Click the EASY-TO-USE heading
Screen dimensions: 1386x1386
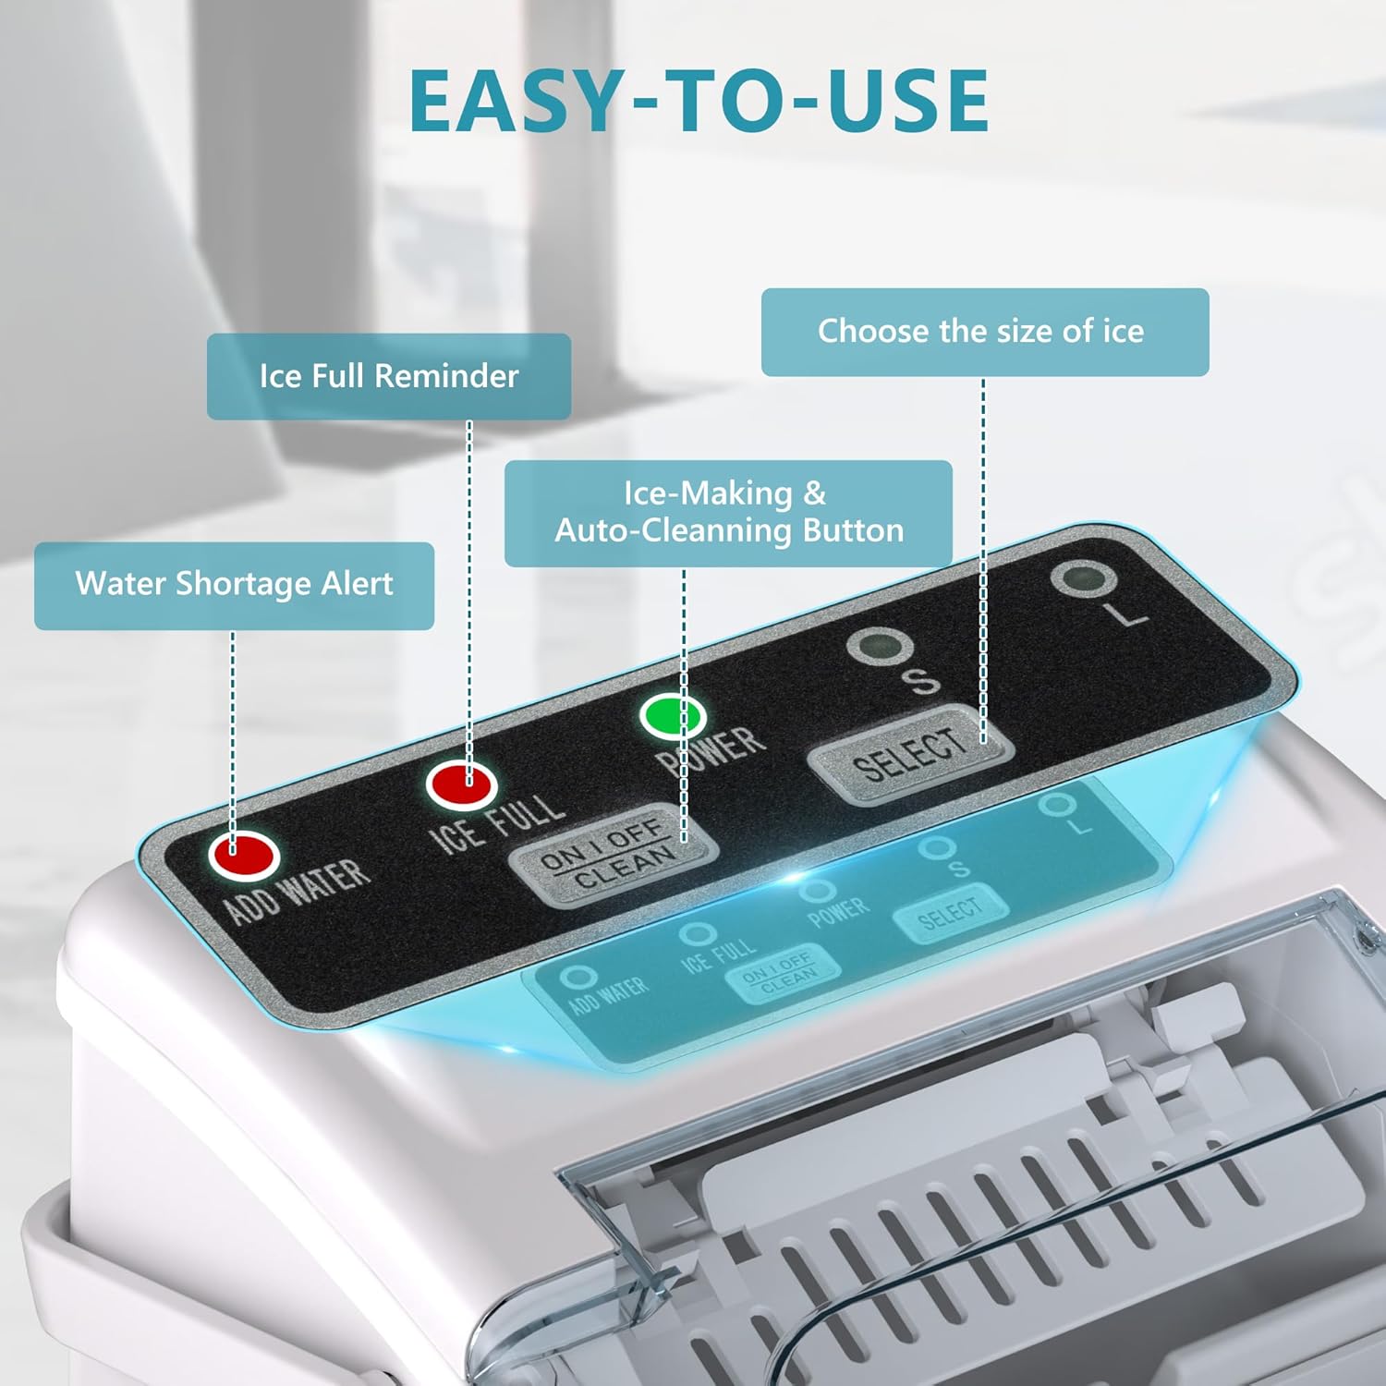(699, 100)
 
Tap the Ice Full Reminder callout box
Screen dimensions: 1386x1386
(389, 376)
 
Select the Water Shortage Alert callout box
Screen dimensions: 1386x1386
(234, 585)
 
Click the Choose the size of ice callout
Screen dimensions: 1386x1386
(985, 332)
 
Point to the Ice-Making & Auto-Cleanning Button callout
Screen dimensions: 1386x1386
(728, 513)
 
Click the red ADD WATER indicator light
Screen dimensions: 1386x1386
(244, 854)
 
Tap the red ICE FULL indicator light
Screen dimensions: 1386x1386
(462, 784)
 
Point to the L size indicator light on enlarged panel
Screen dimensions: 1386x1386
(1083, 579)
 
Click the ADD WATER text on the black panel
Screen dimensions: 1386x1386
(297, 892)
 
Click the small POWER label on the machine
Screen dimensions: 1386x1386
(839, 912)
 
